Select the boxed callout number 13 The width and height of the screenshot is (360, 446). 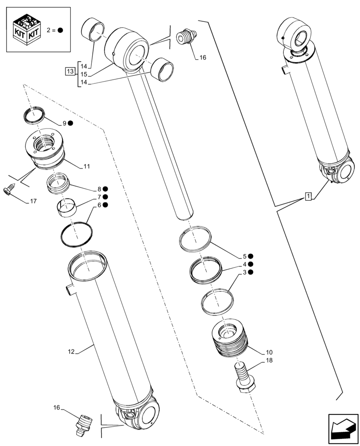(x=70, y=71)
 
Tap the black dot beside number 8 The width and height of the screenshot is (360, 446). (x=105, y=189)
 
